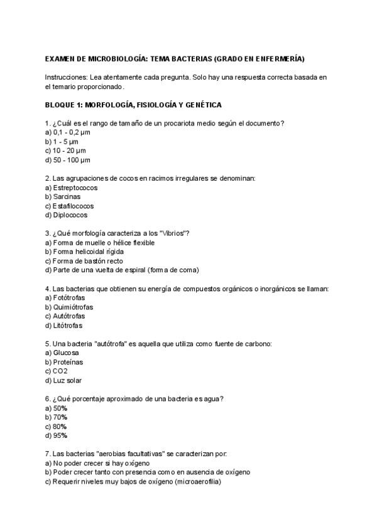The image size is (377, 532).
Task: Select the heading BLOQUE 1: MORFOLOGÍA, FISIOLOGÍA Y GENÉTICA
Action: [x=133, y=105]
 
